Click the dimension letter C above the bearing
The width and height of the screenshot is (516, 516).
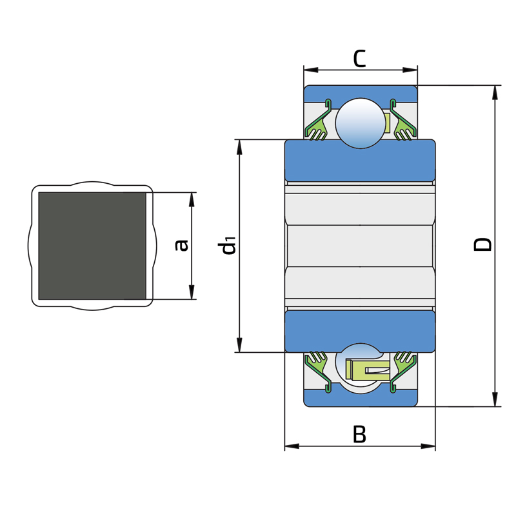pyautogui.click(x=359, y=59)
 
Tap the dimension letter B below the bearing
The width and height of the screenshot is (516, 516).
pyautogui.click(x=359, y=434)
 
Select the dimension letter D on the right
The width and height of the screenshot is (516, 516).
pyautogui.click(x=482, y=245)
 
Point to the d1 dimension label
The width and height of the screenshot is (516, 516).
pyautogui.click(x=227, y=246)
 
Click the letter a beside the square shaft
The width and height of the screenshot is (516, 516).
pyautogui.click(x=181, y=246)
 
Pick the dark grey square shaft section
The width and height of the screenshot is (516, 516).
pyautogui.click(x=92, y=246)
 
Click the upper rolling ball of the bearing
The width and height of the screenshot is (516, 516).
pyautogui.click(x=361, y=123)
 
